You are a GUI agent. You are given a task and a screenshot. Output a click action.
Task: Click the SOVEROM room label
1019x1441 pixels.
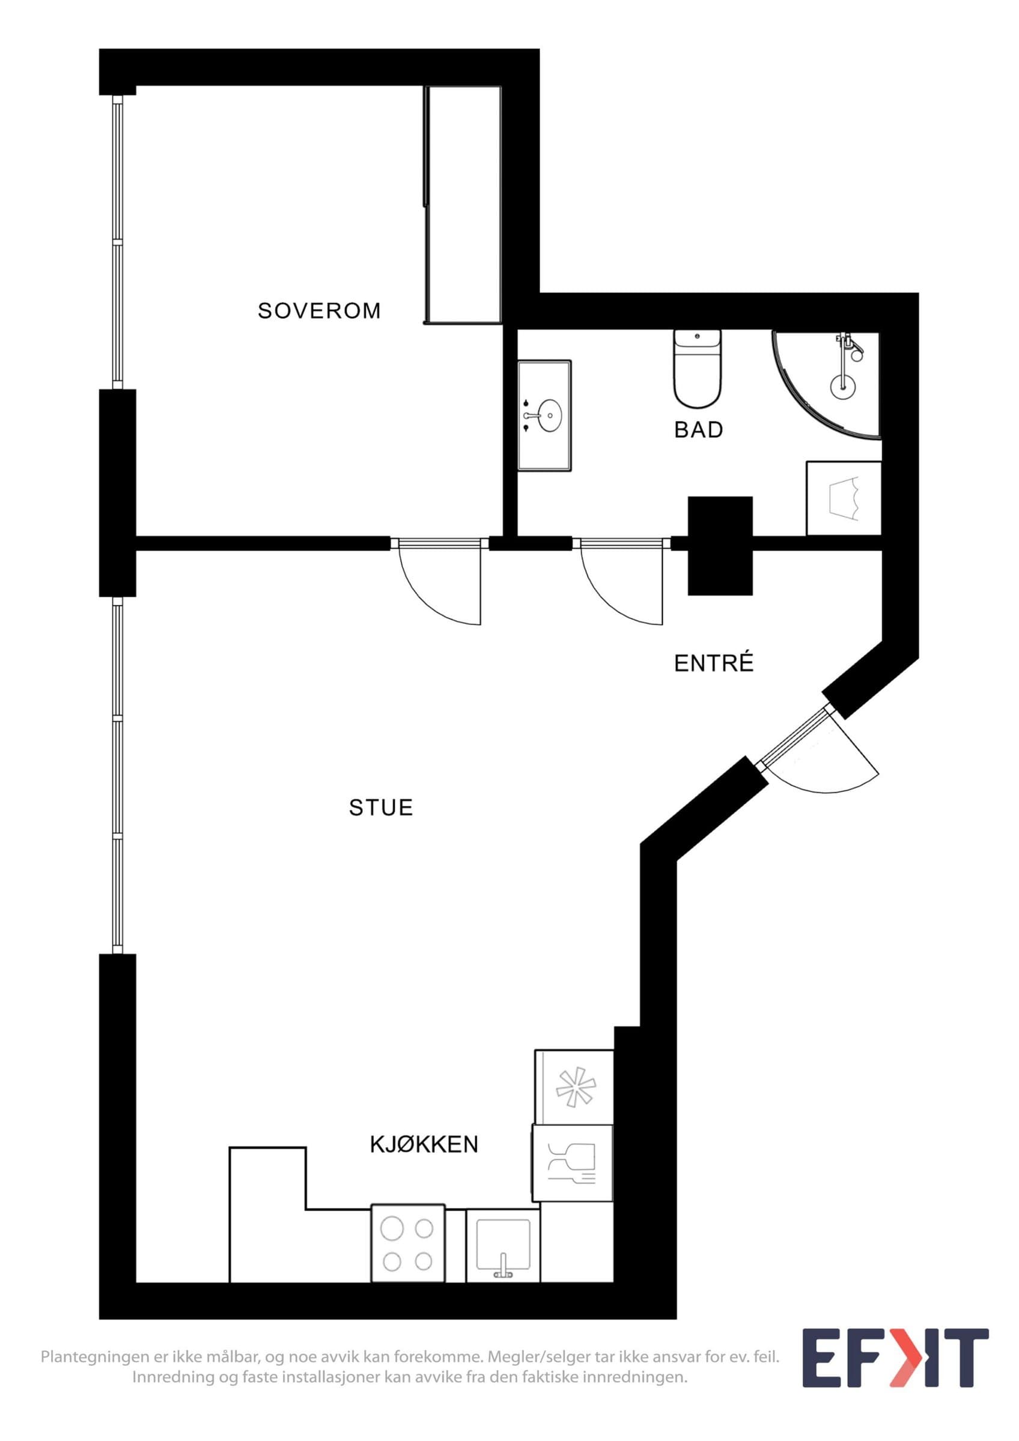pos(319,310)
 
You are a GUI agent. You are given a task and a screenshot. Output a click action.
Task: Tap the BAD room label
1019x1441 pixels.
pos(698,430)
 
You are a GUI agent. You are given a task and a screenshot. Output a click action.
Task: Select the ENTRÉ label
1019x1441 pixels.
pos(713,663)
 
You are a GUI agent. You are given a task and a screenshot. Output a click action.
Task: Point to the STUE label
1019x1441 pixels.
pos(380,807)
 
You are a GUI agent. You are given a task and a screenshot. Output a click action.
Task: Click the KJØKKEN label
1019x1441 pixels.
pos(424,1144)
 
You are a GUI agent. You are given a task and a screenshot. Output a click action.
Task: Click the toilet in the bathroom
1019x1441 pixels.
pos(697,369)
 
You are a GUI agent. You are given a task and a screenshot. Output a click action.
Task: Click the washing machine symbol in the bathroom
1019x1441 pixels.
pos(843,499)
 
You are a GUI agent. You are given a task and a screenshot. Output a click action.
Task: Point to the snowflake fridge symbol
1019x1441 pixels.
pos(575,1086)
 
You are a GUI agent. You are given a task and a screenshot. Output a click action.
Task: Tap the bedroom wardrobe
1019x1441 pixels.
pos(463,205)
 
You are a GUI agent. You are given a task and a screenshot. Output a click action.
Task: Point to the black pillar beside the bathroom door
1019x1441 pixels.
pos(720,545)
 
